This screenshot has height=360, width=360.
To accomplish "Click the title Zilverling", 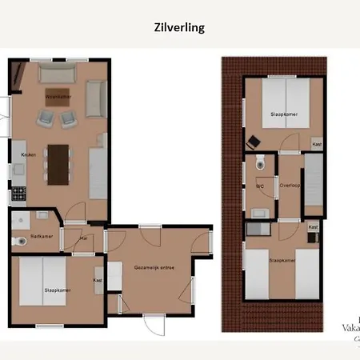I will (179, 27).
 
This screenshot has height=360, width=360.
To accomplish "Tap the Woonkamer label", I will (58, 97).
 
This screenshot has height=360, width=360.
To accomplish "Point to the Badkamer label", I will (41, 235).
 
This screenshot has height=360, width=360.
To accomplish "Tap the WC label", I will (259, 186).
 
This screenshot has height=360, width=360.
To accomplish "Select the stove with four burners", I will (18, 193).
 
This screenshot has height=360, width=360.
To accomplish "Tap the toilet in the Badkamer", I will (18, 241).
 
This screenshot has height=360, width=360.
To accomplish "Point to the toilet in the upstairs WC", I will (260, 162).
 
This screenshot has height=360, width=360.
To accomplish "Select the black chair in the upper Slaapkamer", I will (254, 142).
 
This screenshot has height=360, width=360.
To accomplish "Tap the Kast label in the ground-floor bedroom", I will (98, 280).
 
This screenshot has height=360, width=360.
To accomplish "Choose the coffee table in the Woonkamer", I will (58, 97).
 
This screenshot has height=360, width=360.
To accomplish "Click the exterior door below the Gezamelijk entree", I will (153, 323).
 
